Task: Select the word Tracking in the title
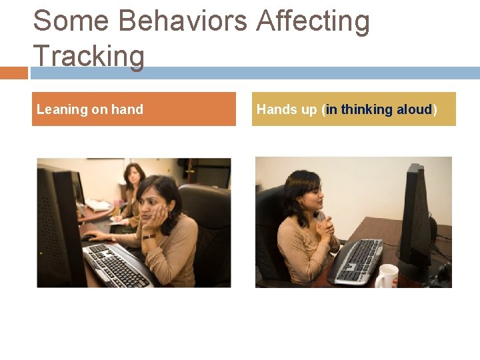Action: [x=88, y=56]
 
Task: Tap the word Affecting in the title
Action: [x=313, y=21]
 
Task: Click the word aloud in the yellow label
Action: [x=414, y=109]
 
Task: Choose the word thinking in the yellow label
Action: [x=367, y=109]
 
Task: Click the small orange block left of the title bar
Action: [x=13, y=73]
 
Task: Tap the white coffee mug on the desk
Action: [x=387, y=276]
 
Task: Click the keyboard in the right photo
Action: [x=356, y=260]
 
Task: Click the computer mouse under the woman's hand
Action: [x=89, y=237]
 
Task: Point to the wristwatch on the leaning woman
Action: [x=149, y=235]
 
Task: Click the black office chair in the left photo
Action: [x=207, y=227]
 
